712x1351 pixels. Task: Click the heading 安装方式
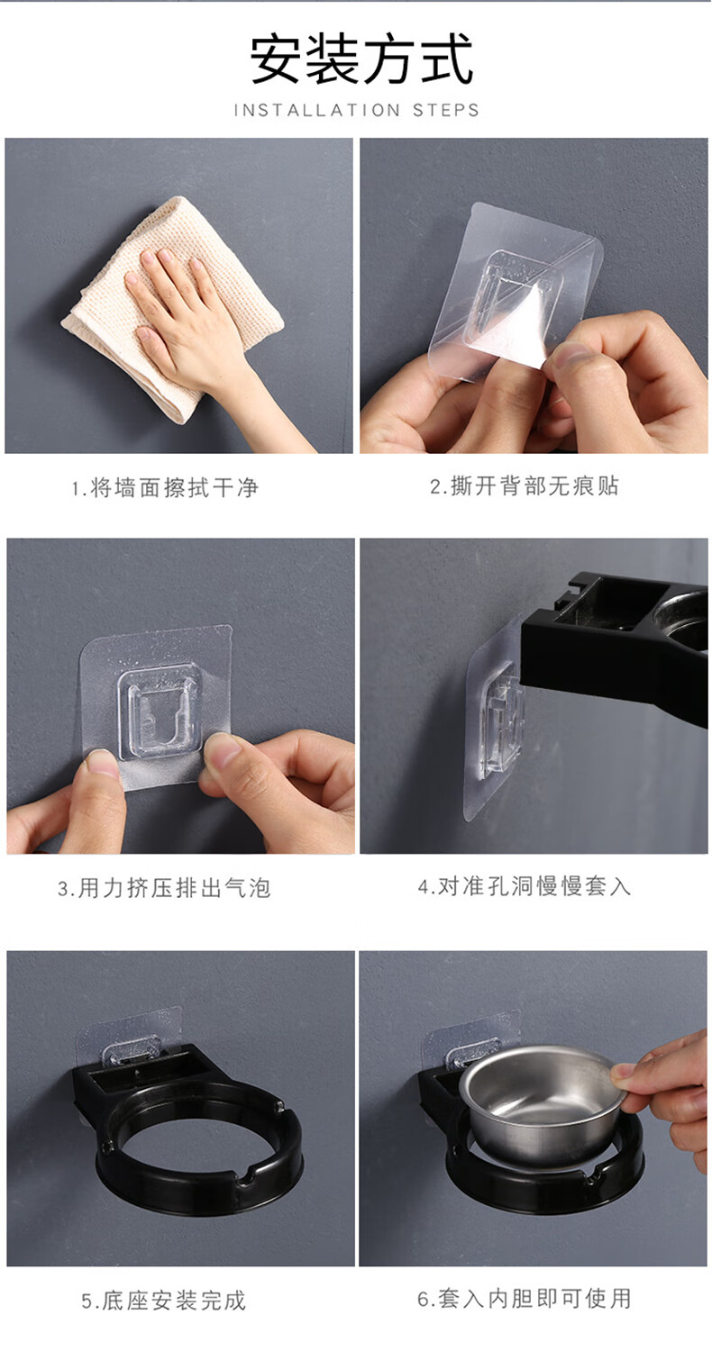pos(361,59)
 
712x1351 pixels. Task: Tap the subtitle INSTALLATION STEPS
pos(357,111)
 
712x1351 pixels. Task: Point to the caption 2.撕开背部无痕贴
pos(524,486)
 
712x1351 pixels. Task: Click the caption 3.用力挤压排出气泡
pos(163,888)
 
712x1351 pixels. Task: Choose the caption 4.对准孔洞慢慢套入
pos(524,886)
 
